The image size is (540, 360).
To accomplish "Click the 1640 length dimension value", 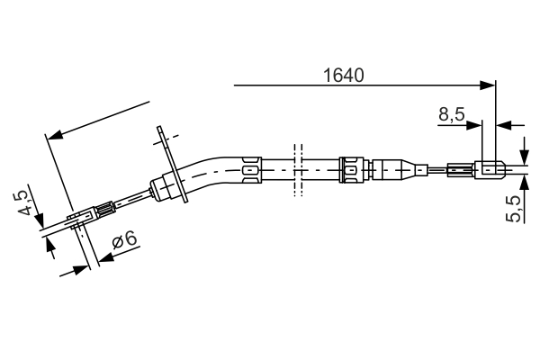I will [x=343, y=76].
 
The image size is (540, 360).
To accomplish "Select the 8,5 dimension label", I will [x=451, y=114].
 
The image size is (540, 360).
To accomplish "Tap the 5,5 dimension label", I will [x=514, y=209].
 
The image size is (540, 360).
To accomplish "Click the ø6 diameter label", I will [x=123, y=240].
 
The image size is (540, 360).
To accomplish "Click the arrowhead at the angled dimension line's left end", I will [x=53, y=136].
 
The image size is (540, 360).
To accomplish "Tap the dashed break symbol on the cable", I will [x=294, y=167].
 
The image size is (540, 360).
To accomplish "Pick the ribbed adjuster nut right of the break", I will [x=353, y=167].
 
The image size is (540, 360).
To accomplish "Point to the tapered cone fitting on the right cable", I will [x=416, y=168].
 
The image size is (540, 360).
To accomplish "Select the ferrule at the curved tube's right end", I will [x=251, y=167].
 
